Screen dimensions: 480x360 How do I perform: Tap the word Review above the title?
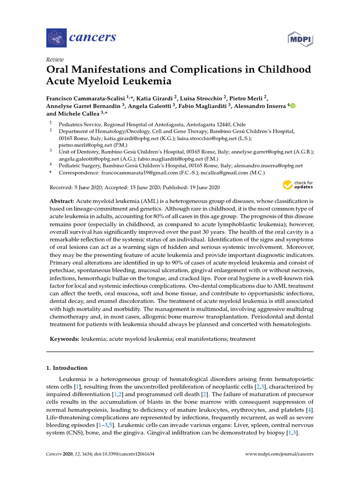click(55, 60)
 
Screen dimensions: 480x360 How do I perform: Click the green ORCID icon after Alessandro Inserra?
click(293, 106)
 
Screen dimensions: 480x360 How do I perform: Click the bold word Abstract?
click(61, 201)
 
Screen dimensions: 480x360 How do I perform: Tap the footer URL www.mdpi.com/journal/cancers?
click(279, 454)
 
